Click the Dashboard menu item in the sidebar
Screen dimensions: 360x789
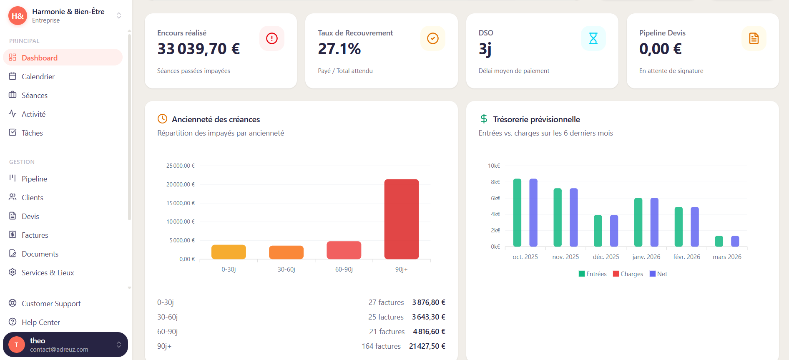click(40, 58)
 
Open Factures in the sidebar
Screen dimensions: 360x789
click(35, 235)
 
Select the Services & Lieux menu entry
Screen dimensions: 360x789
click(48, 272)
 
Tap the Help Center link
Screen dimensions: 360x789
click(40, 322)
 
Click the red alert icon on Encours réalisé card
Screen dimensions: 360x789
click(271, 38)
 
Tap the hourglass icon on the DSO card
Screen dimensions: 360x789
click(593, 38)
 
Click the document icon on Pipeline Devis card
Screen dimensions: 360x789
click(754, 38)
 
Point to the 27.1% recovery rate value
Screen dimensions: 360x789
click(339, 49)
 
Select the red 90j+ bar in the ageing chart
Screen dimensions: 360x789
click(401, 219)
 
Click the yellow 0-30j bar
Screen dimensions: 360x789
click(229, 252)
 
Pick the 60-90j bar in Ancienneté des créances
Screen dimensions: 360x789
click(344, 250)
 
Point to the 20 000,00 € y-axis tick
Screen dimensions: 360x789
click(180, 184)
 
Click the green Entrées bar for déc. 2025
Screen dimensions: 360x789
click(598, 231)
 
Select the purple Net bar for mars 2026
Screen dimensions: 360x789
click(735, 241)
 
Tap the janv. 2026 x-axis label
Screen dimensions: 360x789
click(646, 257)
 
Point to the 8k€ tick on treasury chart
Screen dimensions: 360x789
click(495, 182)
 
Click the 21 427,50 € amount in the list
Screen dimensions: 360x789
click(427, 346)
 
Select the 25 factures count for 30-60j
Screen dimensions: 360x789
click(386, 317)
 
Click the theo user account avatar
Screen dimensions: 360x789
click(17, 345)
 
